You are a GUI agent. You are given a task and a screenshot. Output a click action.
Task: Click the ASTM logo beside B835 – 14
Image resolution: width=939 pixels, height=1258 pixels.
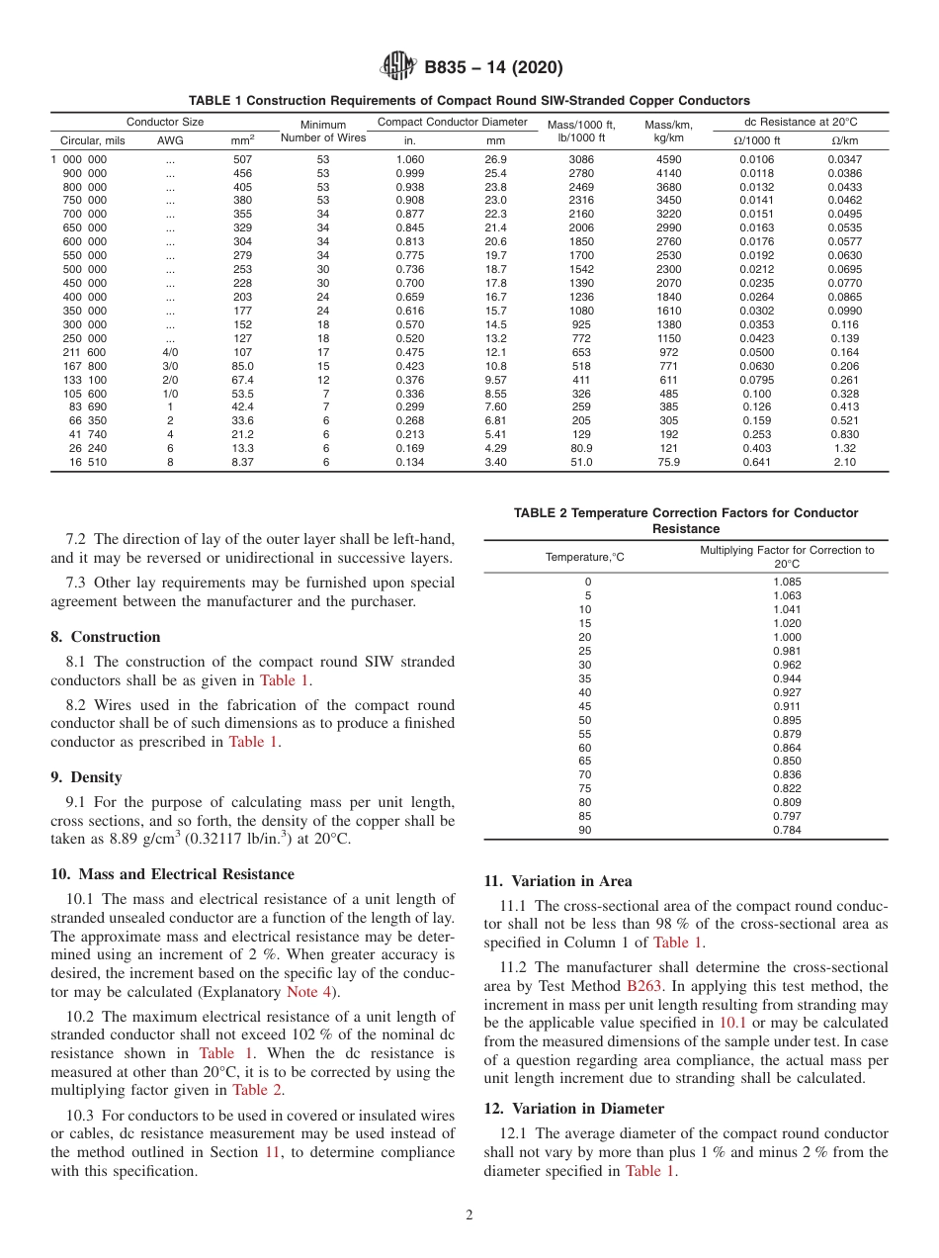(x=398, y=68)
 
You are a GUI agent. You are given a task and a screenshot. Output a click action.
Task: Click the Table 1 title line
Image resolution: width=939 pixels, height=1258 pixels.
(x=469, y=101)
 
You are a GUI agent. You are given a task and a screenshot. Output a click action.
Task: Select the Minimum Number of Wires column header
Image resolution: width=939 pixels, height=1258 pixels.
(x=323, y=132)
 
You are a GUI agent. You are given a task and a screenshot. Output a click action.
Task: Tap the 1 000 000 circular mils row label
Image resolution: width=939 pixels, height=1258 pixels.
(x=79, y=159)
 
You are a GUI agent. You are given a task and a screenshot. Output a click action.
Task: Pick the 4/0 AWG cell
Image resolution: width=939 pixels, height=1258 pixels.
(x=170, y=352)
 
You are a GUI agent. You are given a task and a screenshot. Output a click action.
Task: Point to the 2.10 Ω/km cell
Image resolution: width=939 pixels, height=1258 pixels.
(x=844, y=462)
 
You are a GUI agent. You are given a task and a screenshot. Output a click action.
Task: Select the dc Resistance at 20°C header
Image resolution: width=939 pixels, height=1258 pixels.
(x=801, y=122)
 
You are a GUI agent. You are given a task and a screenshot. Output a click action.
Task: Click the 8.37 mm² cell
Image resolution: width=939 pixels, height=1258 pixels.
(x=242, y=462)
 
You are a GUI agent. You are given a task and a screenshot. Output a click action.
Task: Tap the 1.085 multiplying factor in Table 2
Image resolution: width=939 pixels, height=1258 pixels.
(x=787, y=583)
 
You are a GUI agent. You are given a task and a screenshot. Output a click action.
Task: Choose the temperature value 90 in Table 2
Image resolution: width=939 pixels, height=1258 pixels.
(x=585, y=830)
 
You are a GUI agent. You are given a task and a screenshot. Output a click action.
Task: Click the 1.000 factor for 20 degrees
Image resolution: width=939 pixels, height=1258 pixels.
(x=787, y=637)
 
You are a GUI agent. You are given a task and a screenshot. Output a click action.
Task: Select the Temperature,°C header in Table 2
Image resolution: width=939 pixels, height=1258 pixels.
(x=585, y=557)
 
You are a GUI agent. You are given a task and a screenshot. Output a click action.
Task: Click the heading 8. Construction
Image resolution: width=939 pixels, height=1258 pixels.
(x=106, y=637)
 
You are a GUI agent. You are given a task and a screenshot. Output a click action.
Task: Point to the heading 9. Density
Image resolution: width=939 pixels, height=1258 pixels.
(x=87, y=777)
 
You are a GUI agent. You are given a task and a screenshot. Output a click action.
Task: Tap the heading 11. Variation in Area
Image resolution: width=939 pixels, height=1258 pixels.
(x=557, y=881)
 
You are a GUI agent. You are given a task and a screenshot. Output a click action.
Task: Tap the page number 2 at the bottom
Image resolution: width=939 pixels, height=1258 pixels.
(x=469, y=1215)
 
